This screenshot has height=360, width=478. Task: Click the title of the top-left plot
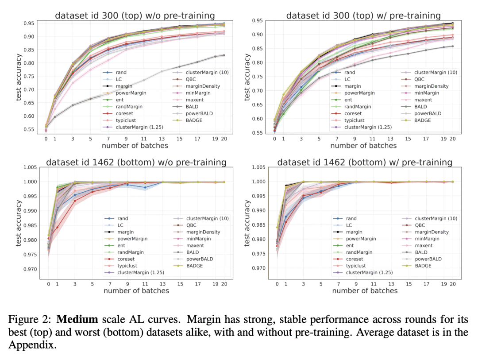[x=135, y=15]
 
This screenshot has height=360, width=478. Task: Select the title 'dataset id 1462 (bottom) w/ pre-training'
[x=365, y=163]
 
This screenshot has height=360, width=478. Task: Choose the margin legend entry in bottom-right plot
[x=355, y=232]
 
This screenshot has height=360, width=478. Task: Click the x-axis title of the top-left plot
[x=135, y=146]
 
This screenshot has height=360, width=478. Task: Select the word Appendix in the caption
[x=35, y=345]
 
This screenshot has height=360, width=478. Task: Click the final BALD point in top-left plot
[x=224, y=55]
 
